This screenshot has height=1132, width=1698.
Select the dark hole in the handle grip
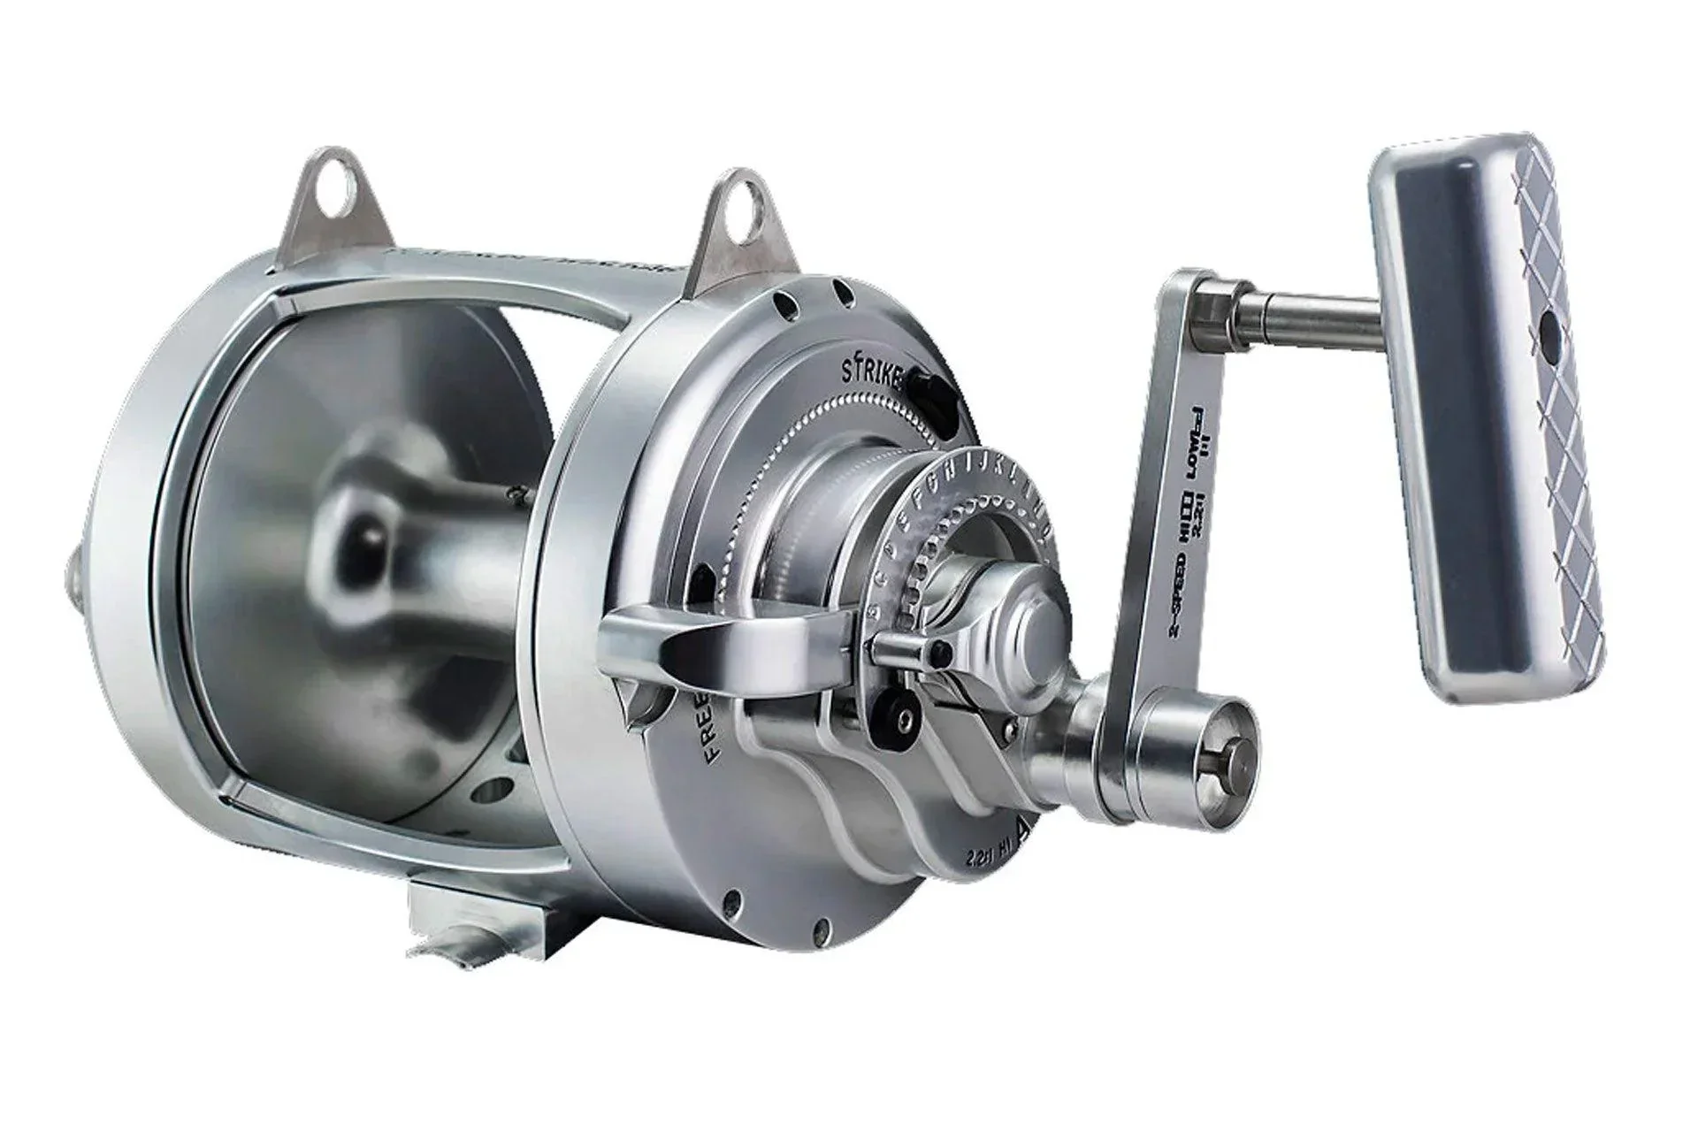(x=1549, y=333)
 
